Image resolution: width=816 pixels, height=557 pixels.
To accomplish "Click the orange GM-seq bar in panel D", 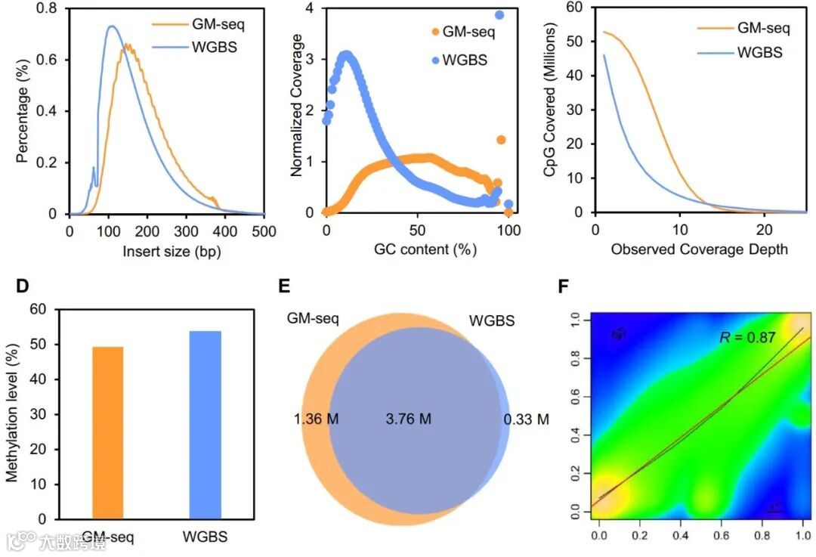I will click(x=107, y=432).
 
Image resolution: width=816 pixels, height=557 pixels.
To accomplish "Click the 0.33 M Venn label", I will click(x=527, y=419).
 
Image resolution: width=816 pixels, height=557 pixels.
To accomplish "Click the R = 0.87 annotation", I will click(x=747, y=338).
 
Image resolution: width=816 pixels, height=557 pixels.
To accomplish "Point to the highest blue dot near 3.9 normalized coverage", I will click(x=499, y=14).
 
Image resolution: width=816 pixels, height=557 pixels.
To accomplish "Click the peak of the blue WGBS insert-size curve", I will click(x=111, y=26).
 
